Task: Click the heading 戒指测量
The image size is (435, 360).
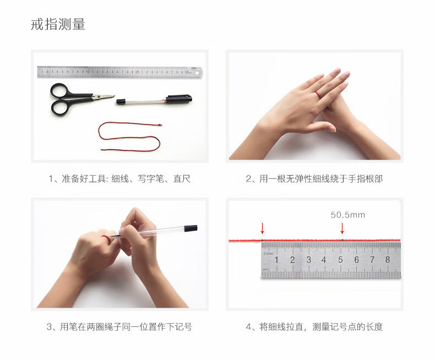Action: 58,24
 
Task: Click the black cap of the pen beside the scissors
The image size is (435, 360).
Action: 179,98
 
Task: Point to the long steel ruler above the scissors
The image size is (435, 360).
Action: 120,72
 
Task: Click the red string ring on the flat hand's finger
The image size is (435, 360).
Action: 318,94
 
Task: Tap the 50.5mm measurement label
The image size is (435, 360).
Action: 347,215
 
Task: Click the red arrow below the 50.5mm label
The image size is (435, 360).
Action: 342,228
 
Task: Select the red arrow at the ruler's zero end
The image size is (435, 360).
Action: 262,228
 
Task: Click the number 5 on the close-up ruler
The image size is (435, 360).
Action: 340,260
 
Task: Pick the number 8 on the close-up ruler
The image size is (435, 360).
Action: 388,259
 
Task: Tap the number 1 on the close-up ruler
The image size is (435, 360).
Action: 276,260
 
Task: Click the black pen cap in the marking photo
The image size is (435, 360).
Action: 191,228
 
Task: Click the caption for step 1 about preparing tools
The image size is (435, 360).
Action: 119,178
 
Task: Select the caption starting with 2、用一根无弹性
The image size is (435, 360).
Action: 314,178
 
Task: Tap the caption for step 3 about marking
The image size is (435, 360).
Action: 119,327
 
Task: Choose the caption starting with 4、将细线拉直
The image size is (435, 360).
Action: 314,327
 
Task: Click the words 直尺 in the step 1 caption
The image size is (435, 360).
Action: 182,178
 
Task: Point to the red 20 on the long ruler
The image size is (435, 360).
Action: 137,72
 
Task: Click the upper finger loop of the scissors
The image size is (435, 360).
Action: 59,91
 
